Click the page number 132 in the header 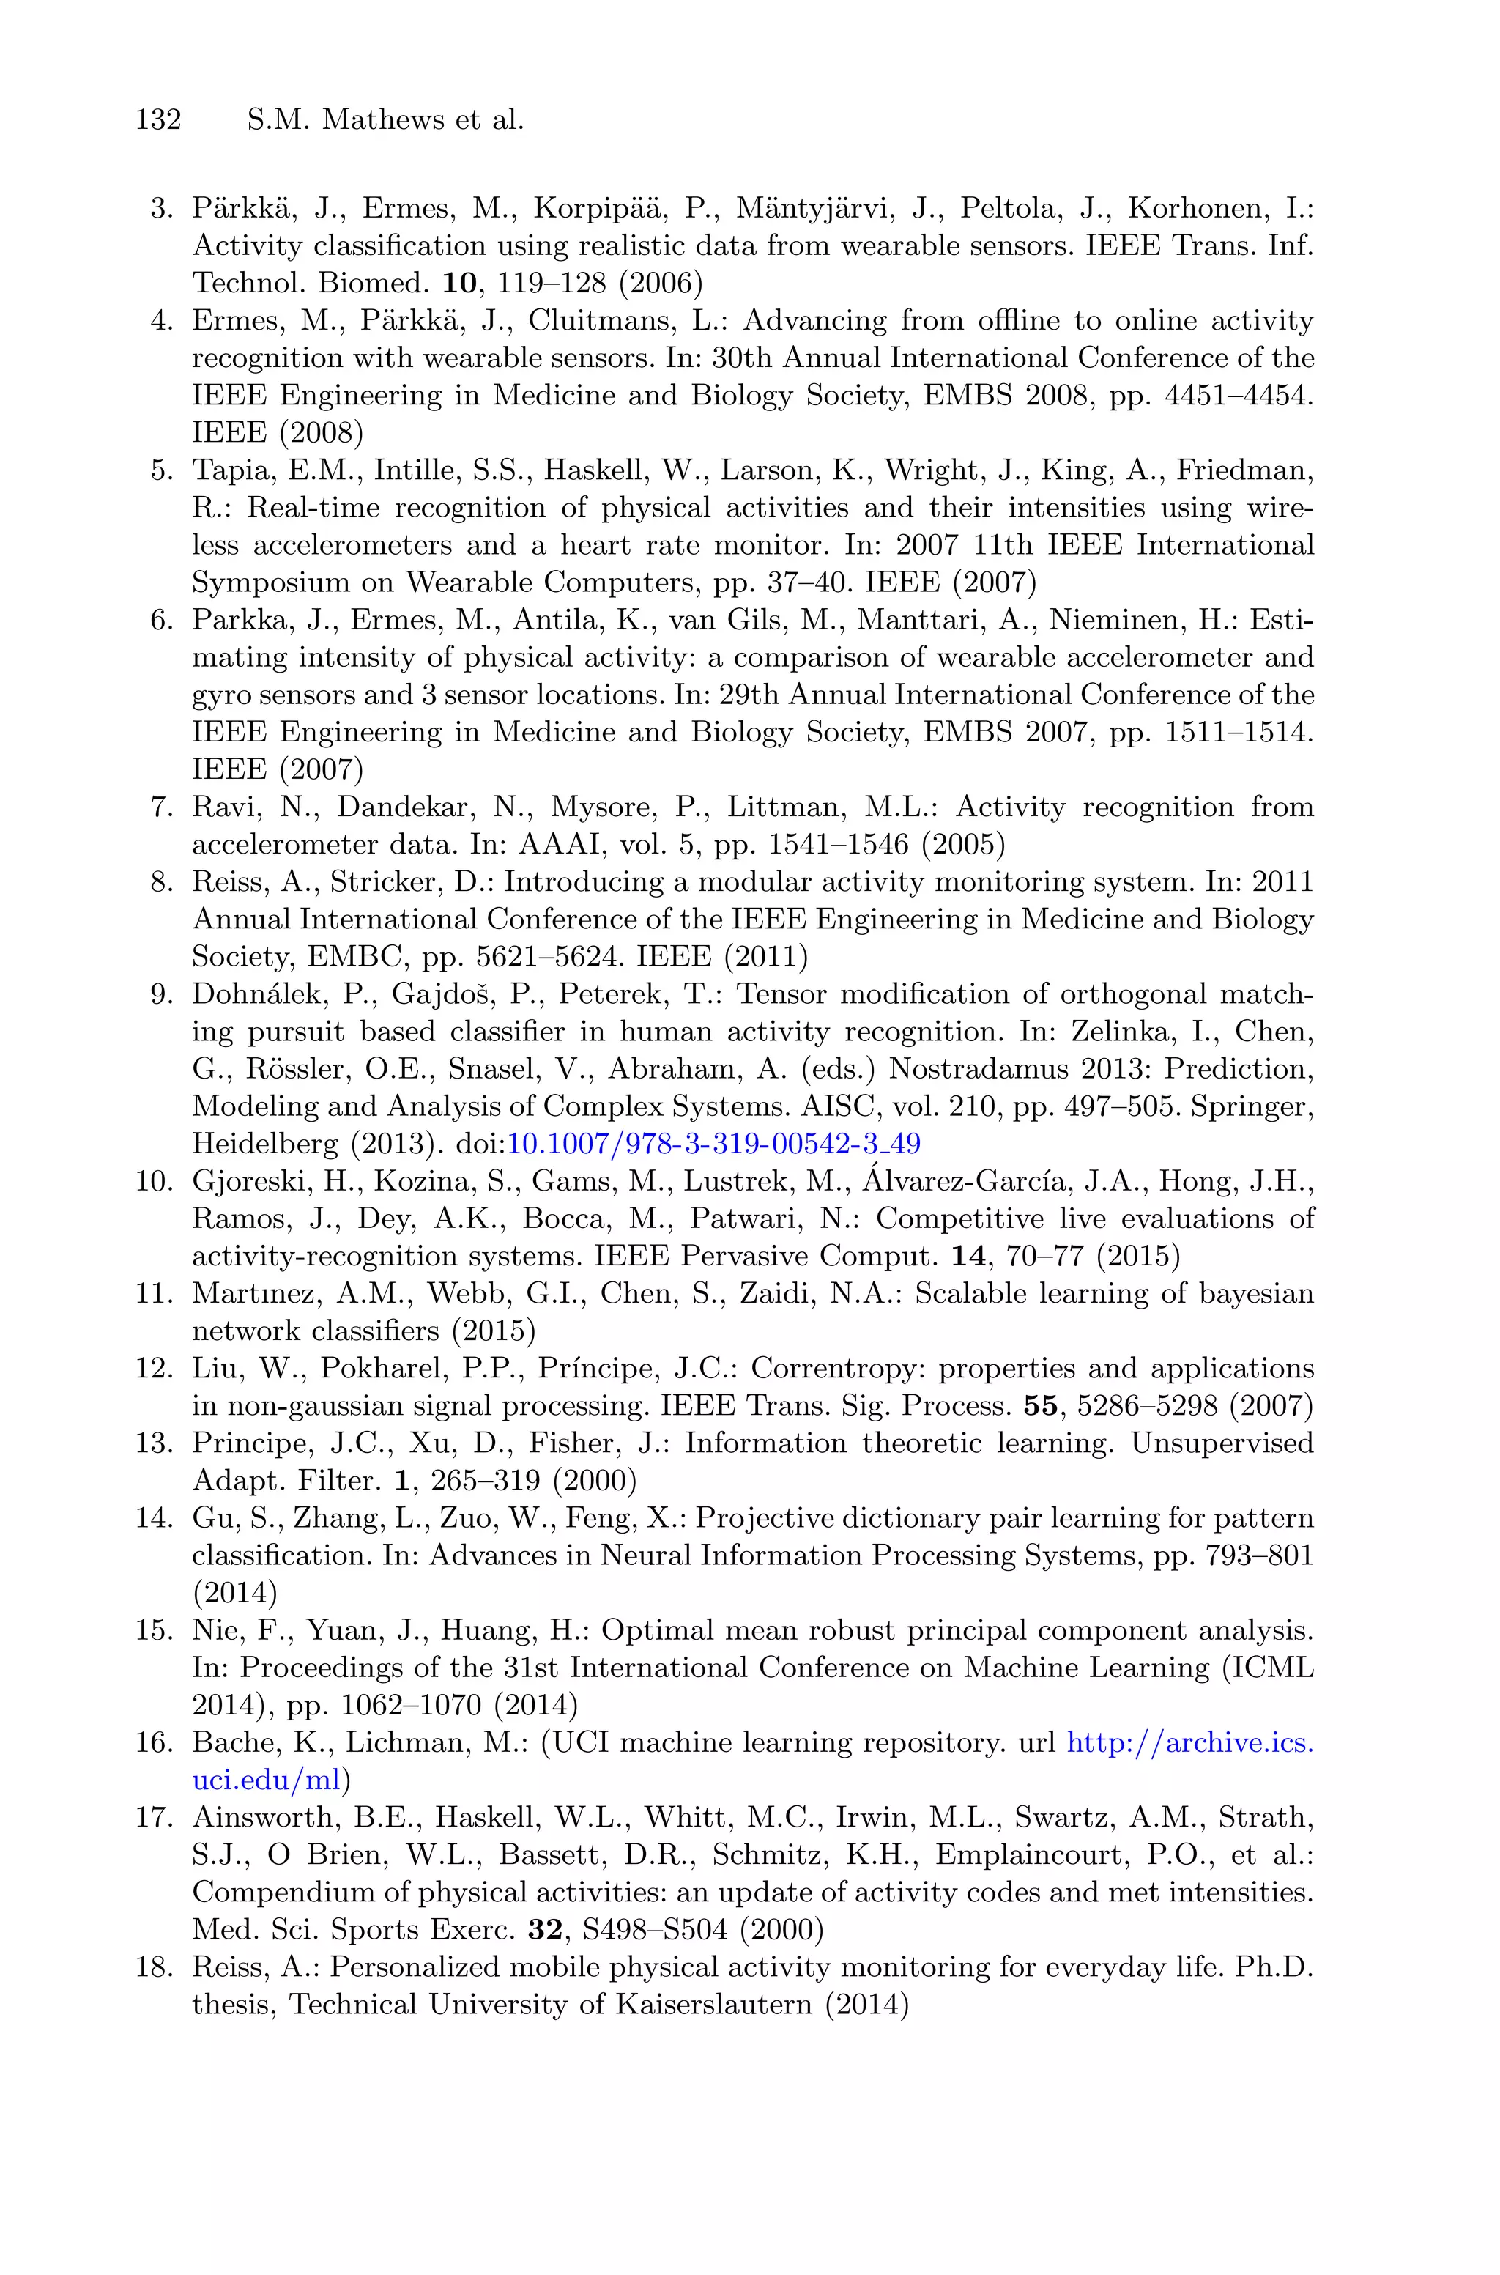(158, 121)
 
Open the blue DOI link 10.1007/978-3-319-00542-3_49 (713, 1144)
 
